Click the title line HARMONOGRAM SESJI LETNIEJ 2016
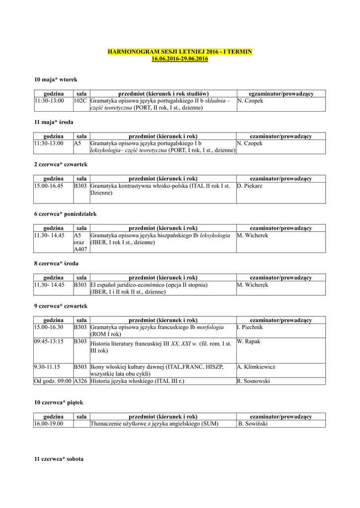pyautogui.click(x=180, y=52)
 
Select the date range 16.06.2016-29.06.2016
pyautogui.click(x=180, y=59)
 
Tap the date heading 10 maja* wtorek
pyautogui.click(x=56, y=79)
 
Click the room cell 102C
pyautogui.click(x=80, y=101)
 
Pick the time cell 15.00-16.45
pyautogui.click(x=49, y=186)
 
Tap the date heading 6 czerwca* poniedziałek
pyautogui.click(x=65, y=214)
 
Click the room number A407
pyautogui.click(x=80, y=250)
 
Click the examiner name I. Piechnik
pyautogui.click(x=250, y=327)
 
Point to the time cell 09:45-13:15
pyautogui.click(x=49, y=342)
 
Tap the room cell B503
pyautogui.click(x=80, y=367)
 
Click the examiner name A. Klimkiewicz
pyautogui.click(x=256, y=367)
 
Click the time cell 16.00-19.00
pyautogui.click(x=49, y=424)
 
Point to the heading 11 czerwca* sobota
pyautogui.click(x=59, y=459)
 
